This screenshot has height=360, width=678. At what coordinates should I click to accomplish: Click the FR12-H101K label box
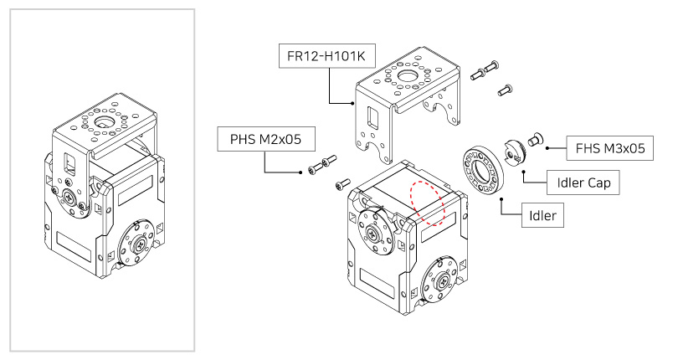tap(326, 58)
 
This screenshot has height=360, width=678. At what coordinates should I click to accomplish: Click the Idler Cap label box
tap(583, 182)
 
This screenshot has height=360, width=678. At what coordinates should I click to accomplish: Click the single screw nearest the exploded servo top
tap(342, 183)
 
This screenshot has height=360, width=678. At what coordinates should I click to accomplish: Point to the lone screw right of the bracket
tap(505, 87)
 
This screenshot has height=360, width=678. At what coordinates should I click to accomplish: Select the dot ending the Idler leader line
tap(501, 200)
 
